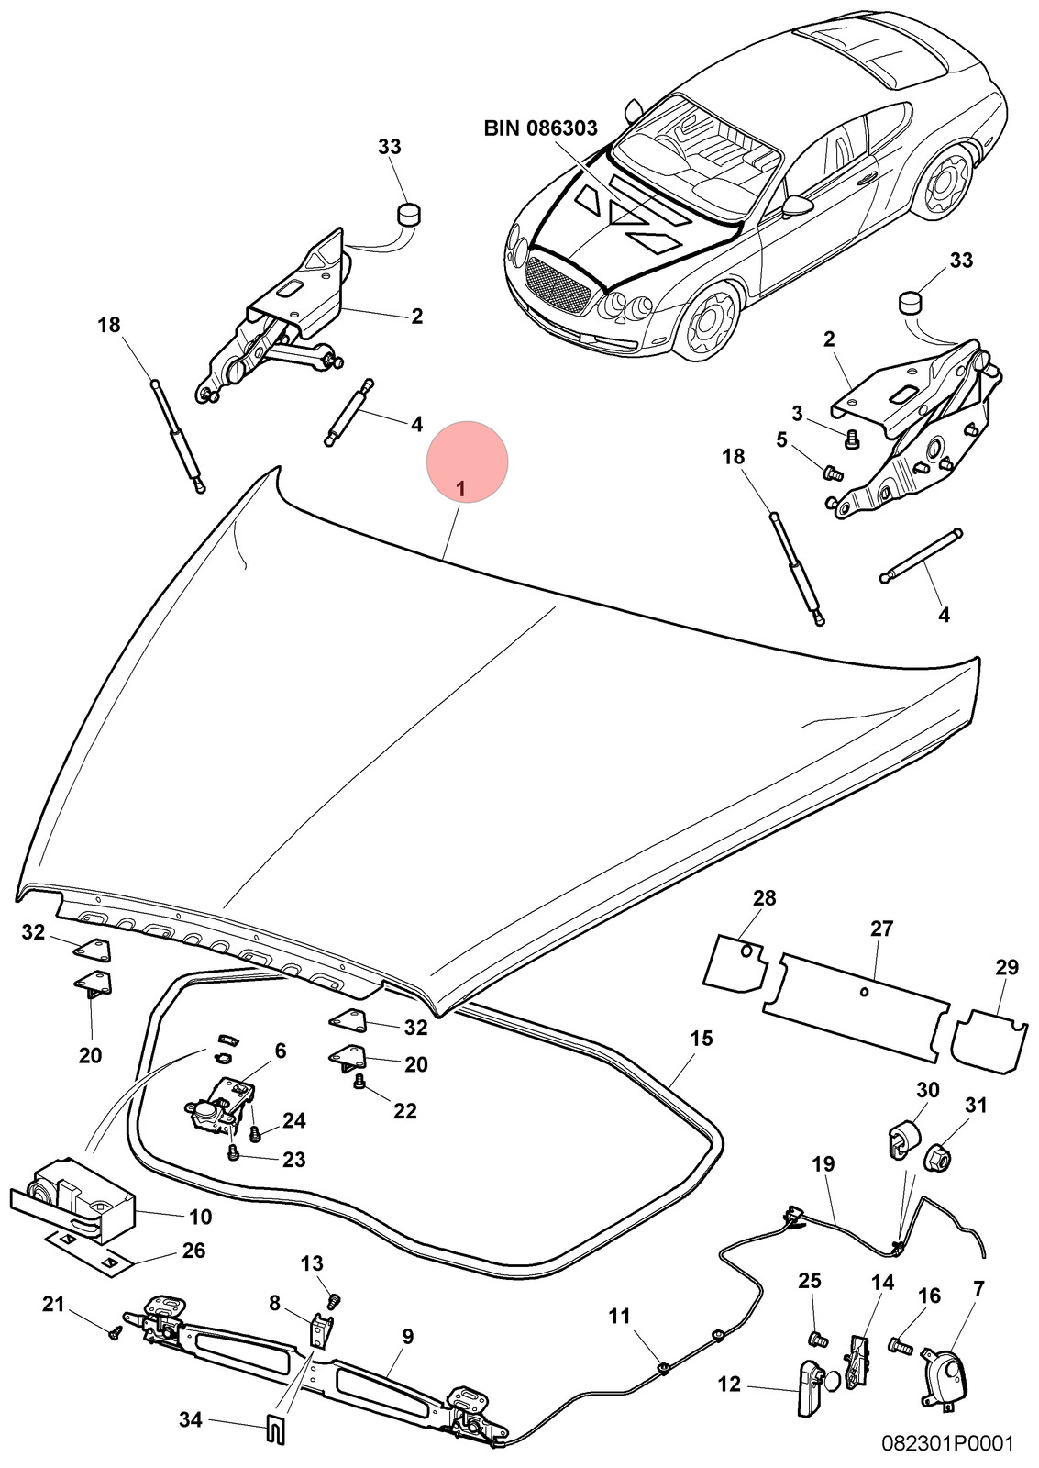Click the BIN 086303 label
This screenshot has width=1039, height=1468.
540,128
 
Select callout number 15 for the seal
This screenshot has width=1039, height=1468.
701,1040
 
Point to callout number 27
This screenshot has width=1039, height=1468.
882,929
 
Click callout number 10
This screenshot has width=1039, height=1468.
201,1218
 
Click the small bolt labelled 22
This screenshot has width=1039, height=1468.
359,1082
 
